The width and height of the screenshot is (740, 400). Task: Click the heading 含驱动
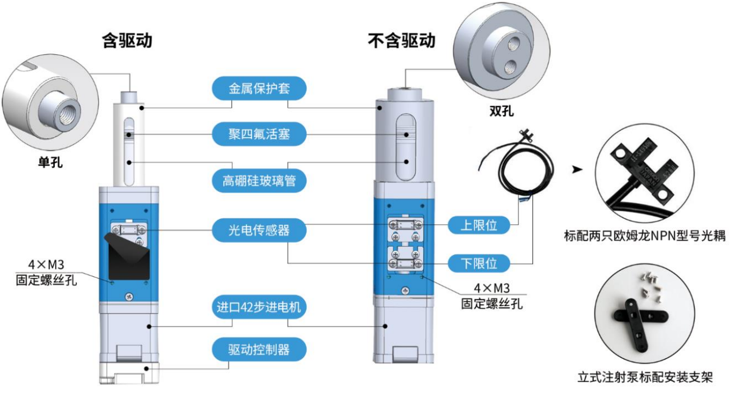click(127, 41)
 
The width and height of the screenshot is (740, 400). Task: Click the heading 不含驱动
click(401, 41)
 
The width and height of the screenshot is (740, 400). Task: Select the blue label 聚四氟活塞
click(259, 134)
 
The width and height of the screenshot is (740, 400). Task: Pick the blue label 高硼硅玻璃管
click(259, 180)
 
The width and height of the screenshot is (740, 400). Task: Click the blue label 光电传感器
click(259, 230)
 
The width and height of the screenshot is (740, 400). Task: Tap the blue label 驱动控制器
click(259, 349)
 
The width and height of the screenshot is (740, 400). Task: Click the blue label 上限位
click(479, 224)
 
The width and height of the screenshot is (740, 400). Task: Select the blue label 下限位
click(479, 264)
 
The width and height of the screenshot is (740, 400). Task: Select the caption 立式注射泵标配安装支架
click(645, 377)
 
